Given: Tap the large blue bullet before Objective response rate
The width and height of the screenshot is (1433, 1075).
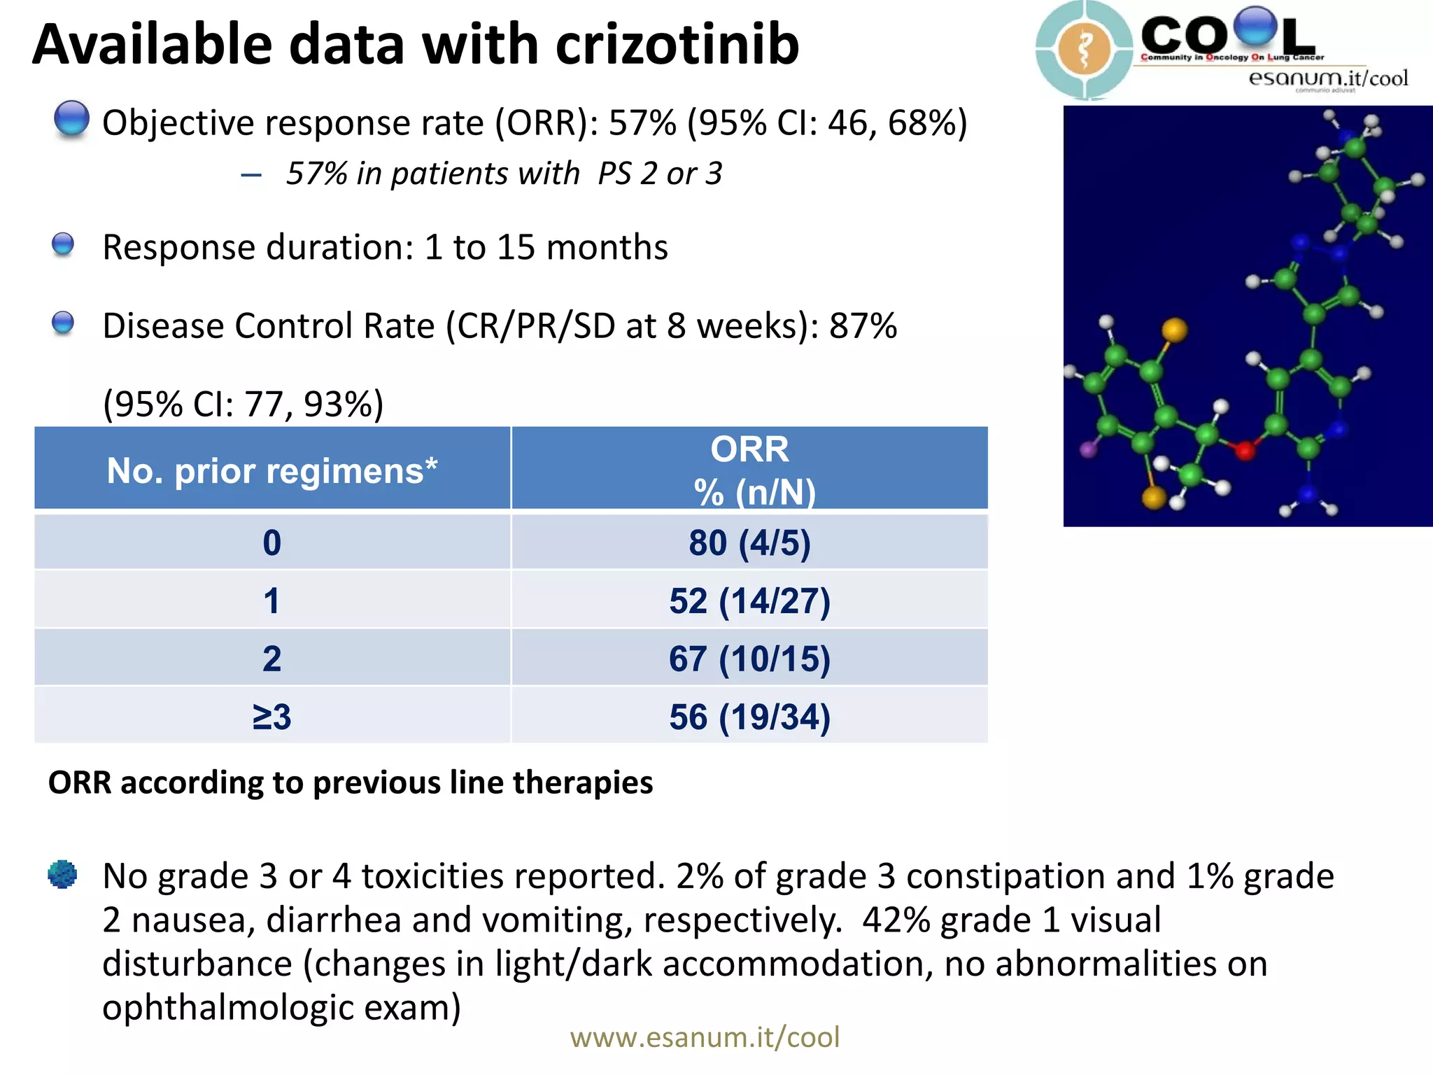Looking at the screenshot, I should (x=71, y=119).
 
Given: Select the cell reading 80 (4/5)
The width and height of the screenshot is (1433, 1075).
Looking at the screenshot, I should (x=749, y=543).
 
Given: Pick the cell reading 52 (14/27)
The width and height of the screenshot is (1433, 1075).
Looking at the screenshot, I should (x=749, y=601).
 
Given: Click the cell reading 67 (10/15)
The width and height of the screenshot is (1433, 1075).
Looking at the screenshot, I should (x=749, y=659).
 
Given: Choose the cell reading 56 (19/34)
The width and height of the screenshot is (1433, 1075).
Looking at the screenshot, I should (x=749, y=717).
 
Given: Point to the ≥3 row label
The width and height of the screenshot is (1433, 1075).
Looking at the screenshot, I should (x=271, y=717).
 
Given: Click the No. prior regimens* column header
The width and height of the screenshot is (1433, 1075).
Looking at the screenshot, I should (x=271, y=470).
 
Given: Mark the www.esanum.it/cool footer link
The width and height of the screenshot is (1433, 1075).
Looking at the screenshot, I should (x=705, y=1037).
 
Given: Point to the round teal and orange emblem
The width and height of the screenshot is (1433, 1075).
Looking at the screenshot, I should (x=1084, y=49).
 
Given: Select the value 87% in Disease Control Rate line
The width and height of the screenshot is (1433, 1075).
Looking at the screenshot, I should (x=863, y=326).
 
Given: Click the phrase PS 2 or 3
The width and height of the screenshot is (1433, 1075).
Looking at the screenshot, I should (x=659, y=174).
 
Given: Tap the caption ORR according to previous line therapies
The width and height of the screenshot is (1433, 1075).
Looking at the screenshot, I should (x=350, y=782).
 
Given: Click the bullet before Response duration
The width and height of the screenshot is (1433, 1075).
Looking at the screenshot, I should (x=63, y=245).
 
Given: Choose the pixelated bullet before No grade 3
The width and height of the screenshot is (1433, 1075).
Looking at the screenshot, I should (x=62, y=874).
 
